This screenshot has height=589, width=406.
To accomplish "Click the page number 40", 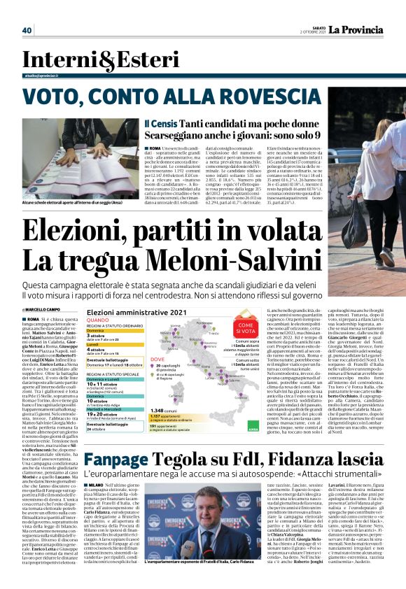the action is click(27, 30).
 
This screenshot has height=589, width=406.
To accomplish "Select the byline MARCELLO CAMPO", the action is click(47, 309).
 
